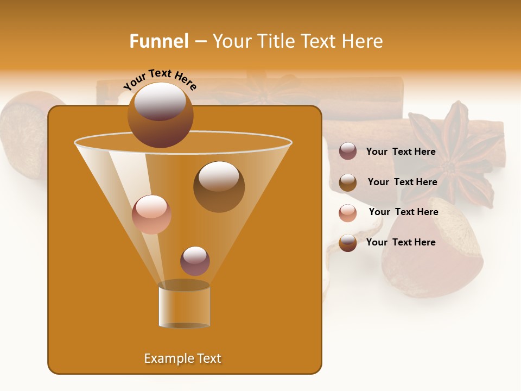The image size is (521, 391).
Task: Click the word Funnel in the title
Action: pos(159,41)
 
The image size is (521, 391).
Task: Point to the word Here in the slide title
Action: pos(361,41)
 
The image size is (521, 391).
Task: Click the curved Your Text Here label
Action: pos(160,79)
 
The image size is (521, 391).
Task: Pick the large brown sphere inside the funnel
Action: pos(219,186)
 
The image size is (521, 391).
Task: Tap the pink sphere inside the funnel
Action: pos(151,214)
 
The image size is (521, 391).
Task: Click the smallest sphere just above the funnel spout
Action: pos(195,261)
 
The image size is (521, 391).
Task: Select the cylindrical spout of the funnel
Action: pos(184,305)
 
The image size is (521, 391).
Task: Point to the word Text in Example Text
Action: pos(208,358)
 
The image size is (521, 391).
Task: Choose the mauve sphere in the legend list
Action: pos(348,152)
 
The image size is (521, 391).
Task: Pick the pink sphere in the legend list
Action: pos(348,213)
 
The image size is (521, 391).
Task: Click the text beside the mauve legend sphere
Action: pos(401,152)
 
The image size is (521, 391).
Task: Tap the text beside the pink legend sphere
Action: pos(403,212)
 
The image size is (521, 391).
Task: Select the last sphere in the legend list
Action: pos(348,243)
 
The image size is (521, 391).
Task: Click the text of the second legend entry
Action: pos(402,182)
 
